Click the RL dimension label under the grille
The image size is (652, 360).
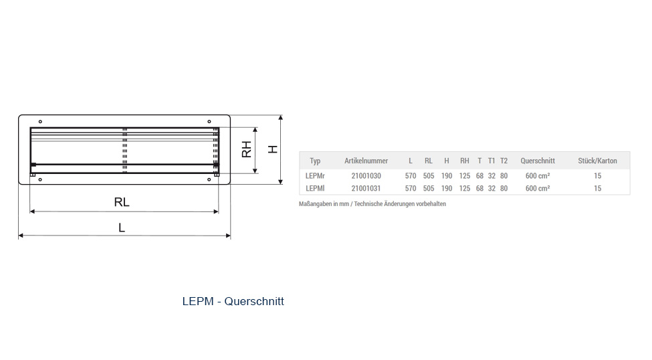tap(122, 202)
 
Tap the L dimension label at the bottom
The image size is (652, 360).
tap(122, 228)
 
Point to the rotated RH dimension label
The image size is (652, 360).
tap(247, 149)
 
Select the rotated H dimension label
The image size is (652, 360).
tap(273, 149)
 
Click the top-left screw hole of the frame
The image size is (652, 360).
tap(40, 122)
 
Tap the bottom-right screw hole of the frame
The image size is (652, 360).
tap(209, 180)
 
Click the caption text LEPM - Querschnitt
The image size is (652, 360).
tap(233, 301)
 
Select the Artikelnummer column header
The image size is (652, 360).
tap(366, 161)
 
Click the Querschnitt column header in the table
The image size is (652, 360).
tap(538, 161)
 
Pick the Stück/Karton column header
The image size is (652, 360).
tap(598, 161)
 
